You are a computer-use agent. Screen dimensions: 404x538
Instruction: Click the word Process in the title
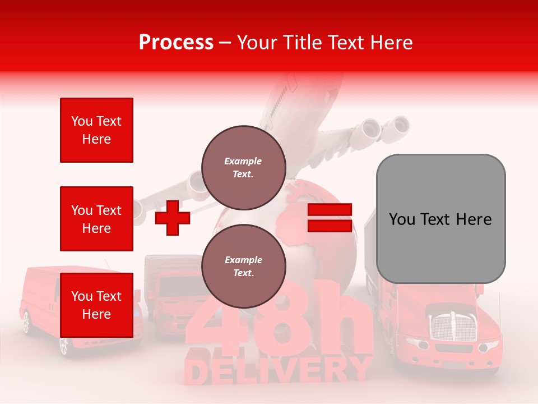(x=176, y=43)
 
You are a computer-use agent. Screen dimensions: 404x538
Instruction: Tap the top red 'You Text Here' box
(x=96, y=130)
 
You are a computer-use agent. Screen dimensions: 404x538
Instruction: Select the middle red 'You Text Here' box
(x=96, y=219)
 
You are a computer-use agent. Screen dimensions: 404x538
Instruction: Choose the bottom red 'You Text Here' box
(x=96, y=305)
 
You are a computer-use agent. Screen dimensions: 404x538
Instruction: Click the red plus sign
(x=172, y=218)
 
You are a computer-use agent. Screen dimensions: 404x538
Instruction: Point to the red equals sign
(x=330, y=218)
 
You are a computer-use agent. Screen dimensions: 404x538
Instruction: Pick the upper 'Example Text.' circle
(x=244, y=167)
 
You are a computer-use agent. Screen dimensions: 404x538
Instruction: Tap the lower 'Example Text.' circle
(x=244, y=267)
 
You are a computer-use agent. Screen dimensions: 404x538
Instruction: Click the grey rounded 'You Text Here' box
(x=440, y=219)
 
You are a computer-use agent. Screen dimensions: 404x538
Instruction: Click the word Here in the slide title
(x=389, y=43)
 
